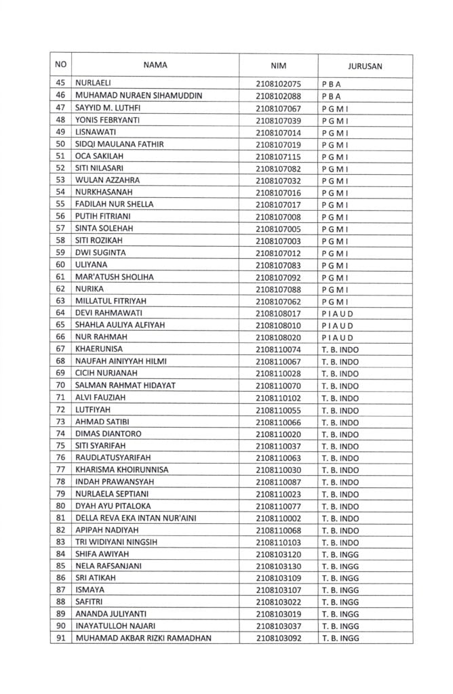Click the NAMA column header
point(155,66)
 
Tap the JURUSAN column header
point(365,66)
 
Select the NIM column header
point(278,66)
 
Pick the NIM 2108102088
point(278,96)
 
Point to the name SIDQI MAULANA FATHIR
point(119,144)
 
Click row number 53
point(60,180)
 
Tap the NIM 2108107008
point(278,217)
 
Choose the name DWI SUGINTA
point(100,253)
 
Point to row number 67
point(60,349)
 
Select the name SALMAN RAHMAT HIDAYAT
point(125,386)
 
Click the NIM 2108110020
point(278,434)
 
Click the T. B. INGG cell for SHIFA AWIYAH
point(340,554)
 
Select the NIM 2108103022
point(278,603)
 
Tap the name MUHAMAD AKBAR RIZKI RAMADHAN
point(143,638)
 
